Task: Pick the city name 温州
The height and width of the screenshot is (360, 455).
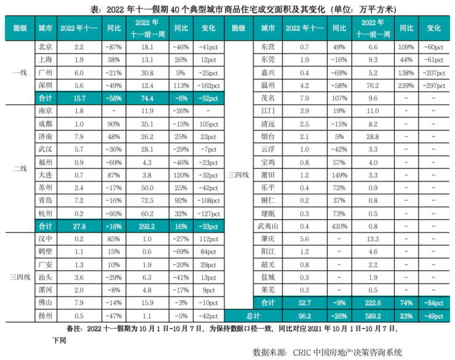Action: [x=267, y=85]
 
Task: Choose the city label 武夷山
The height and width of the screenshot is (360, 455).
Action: [x=267, y=226]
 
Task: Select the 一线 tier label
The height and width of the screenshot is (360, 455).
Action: [x=19, y=73]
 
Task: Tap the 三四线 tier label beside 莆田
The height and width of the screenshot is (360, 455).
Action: [x=239, y=175]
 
